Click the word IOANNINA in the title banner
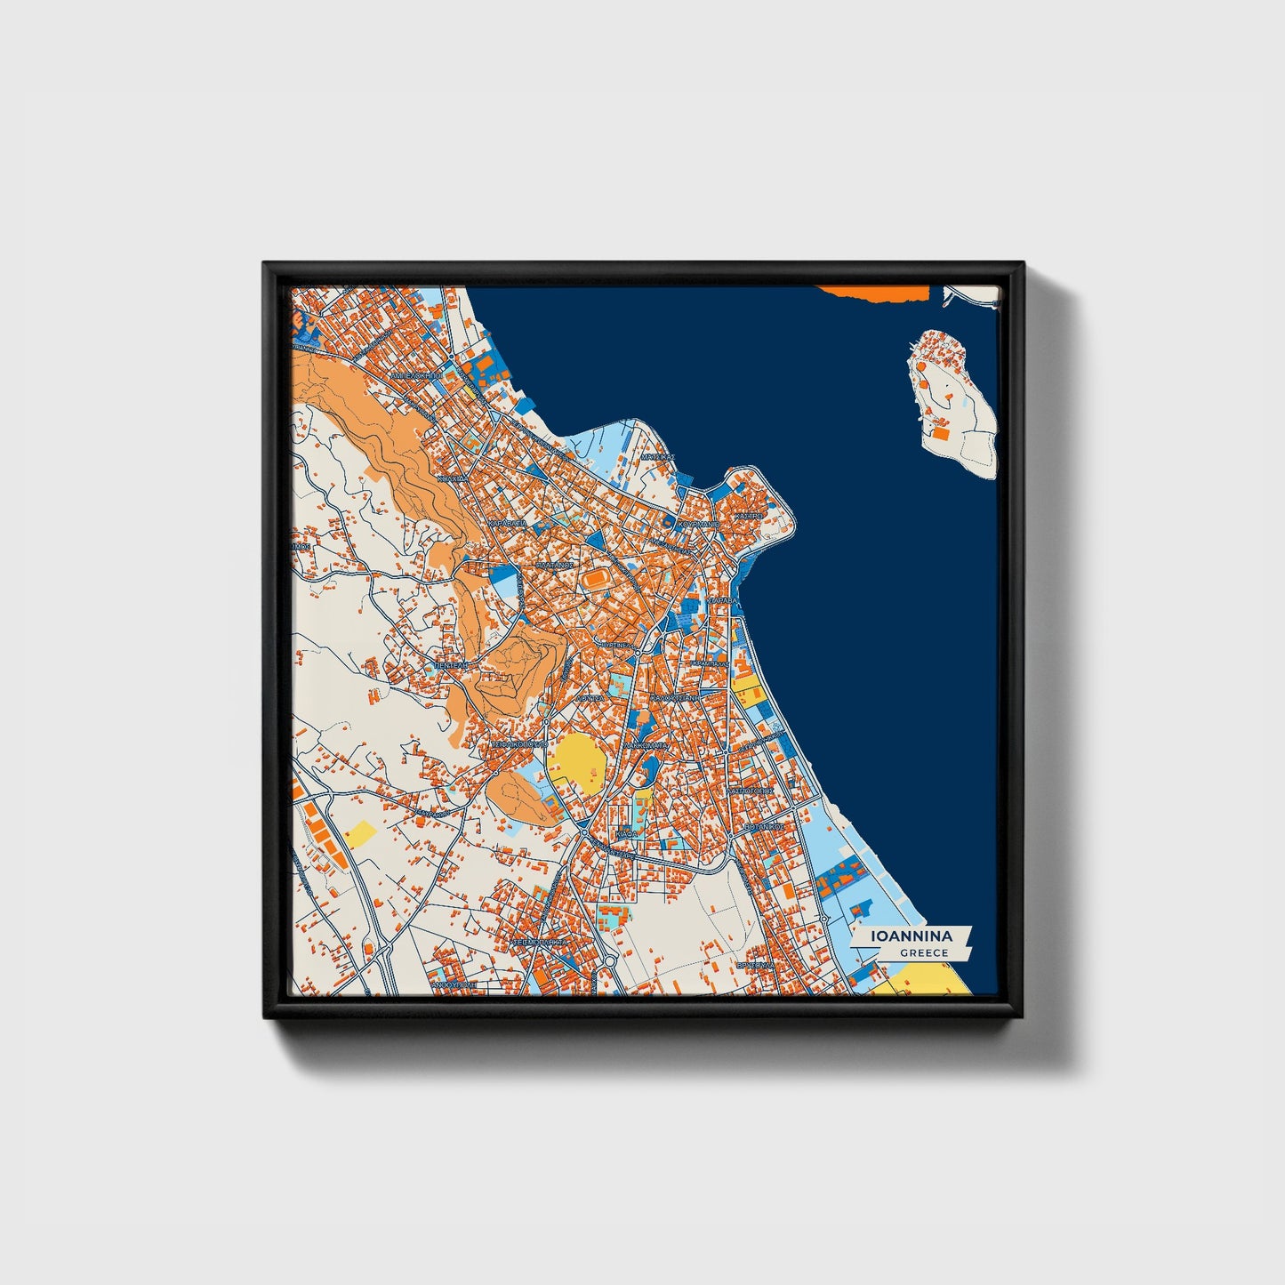[912, 936]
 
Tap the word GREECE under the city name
[924, 952]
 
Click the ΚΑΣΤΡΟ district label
[750, 515]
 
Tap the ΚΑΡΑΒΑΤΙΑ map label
[508, 525]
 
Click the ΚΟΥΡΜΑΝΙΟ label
[698, 526]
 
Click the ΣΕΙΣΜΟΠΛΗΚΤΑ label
[540, 939]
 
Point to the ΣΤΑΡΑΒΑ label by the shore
[723, 601]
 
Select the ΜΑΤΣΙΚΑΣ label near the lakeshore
[657, 456]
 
